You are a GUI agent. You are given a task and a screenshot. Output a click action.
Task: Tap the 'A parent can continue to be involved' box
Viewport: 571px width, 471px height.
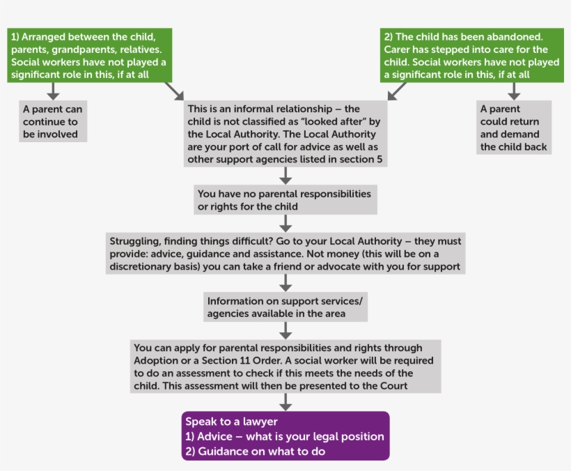coord(53,121)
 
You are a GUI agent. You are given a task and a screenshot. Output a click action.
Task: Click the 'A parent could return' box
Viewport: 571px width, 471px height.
coord(515,128)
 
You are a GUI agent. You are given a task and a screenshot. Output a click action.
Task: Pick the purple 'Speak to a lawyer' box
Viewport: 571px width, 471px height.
coord(285,436)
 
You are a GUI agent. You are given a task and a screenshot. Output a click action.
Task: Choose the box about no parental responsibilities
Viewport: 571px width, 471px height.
coord(286,200)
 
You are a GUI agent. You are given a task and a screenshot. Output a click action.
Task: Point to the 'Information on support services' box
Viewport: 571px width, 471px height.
coord(285,307)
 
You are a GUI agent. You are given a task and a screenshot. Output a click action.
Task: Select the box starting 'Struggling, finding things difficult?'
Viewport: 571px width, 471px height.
coord(285,254)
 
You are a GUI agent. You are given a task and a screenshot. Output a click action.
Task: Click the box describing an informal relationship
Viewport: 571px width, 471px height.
coord(285,134)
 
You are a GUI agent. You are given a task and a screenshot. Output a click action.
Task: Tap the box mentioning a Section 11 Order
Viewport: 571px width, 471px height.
coord(285,366)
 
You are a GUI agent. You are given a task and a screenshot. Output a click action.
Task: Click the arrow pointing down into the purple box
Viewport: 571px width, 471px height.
coord(285,402)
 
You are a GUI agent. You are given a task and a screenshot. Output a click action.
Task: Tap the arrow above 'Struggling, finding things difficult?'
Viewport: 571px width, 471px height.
coord(285,223)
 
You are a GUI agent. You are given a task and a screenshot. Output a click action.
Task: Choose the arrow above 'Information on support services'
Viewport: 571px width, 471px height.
coord(285,283)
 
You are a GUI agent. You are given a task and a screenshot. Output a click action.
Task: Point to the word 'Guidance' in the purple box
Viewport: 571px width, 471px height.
coord(221,451)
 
